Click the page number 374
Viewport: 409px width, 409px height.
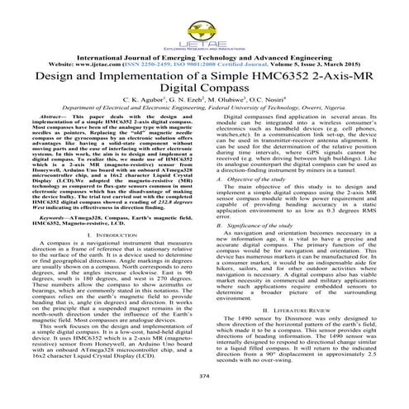coord(204,399)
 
